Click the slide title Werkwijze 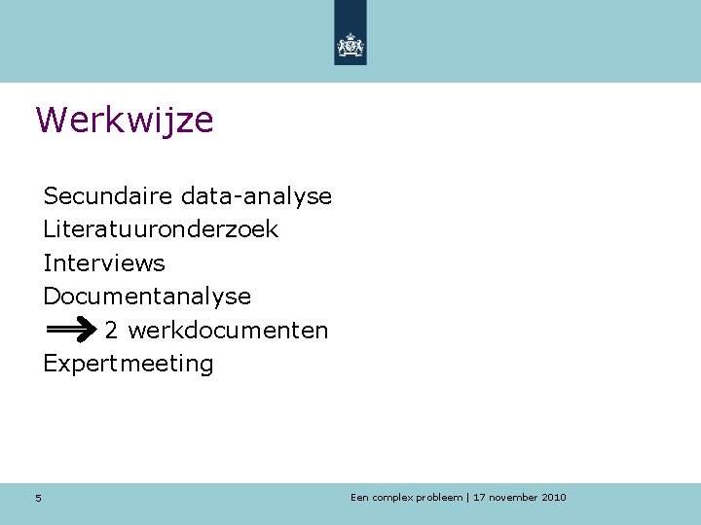[x=125, y=121]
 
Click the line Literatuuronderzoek [x=161, y=230]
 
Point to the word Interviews [x=104, y=263]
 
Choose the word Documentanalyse [x=147, y=297]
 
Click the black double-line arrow [x=70, y=331]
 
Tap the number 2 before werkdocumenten [x=112, y=331]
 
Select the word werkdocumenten [x=228, y=331]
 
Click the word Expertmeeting [x=129, y=365]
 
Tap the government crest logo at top [x=350, y=45]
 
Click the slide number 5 [x=38, y=499]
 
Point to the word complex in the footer [x=393, y=498]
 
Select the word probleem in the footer [x=440, y=498]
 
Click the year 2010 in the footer [x=553, y=498]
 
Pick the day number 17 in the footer [x=479, y=498]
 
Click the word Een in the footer [x=360, y=498]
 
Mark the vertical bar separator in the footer [x=468, y=498]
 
